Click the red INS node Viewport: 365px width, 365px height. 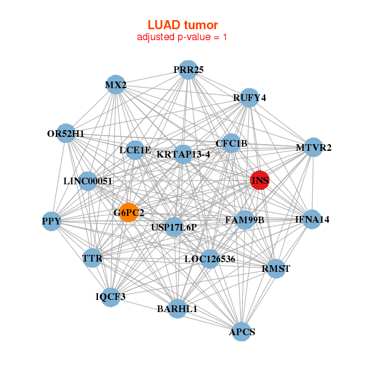260,180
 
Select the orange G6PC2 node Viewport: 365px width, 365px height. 128,212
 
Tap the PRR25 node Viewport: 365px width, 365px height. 188,70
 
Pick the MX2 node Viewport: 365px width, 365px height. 116,85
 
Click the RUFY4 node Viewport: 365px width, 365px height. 249,97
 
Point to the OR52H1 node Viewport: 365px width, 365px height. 66,134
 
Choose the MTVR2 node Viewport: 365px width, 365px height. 313,147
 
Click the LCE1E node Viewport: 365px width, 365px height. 135,150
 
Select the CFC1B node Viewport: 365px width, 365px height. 231,144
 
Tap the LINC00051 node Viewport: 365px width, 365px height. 88,181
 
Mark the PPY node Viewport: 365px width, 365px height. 52,221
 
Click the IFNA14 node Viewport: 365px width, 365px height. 311,219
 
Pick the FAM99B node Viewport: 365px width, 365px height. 245,220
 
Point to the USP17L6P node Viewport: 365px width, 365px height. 175,227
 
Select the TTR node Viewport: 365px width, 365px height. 92,259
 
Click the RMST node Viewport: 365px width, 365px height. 276,268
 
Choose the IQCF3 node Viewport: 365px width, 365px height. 111,297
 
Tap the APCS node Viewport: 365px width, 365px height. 242,332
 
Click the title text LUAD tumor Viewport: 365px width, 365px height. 182,25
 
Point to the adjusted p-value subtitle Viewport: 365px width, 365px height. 182,37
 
